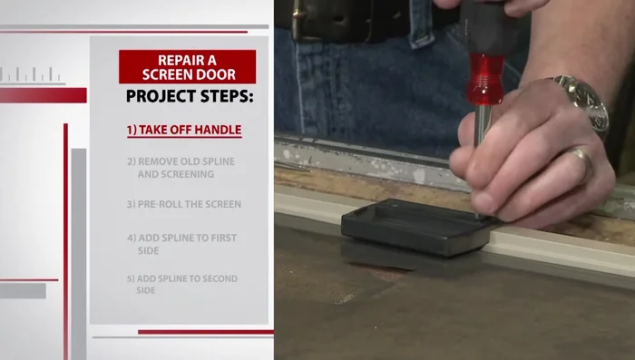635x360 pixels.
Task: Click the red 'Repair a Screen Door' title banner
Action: (x=187, y=66)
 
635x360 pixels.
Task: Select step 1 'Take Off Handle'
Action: (x=184, y=130)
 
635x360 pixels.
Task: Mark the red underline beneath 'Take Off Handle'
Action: (x=184, y=138)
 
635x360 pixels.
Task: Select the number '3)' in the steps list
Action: (x=132, y=204)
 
